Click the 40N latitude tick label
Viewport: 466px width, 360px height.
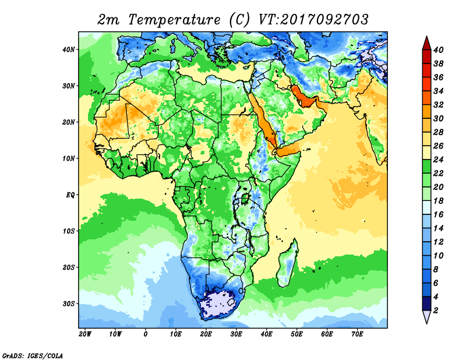tap(68, 50)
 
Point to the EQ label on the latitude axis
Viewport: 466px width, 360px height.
tap(70, 195)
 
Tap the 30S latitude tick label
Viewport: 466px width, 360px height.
tap(68, 304)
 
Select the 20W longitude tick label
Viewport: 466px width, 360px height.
tap(85, 334)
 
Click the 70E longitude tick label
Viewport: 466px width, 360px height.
tap(357, 334)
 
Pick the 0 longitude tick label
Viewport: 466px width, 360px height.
tap(145, 334)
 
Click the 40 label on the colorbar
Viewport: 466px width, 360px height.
tap(438, 50)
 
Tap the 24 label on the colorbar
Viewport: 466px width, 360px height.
tap(438, 160)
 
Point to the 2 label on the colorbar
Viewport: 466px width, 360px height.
tap(436, 310)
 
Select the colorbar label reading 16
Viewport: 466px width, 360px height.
tap(438, 214)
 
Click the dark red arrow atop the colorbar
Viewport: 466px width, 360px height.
tap(426, 43)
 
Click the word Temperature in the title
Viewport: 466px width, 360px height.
tap(174, 20)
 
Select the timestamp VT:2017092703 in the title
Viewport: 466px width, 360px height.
tap(313, 20)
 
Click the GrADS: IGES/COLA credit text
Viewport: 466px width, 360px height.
tap(33, 356)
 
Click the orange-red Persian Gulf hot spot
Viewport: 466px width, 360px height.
tap(303, 97)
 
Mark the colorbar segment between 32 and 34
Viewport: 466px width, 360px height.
tap(426, 98)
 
